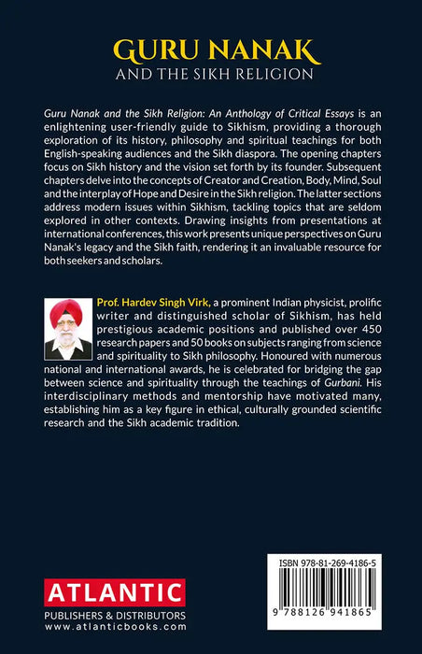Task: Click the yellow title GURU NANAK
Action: pyautogui.click(x=211, y=47)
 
